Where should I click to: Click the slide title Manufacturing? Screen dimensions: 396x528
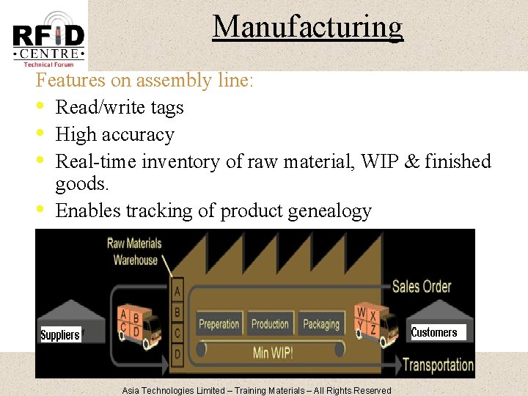click(307, 27)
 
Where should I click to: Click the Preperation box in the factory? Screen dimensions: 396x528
click(219, 324)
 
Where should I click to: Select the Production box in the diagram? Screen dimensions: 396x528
click(270, 324)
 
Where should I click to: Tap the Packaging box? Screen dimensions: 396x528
click(321, 324)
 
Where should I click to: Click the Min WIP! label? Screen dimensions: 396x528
click(273, 352)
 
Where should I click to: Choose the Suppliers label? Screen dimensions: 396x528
click(60, 335)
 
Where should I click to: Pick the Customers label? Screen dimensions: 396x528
click(434, 332)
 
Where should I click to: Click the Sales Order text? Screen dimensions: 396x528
click(422, 286)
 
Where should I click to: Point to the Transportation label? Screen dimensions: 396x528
click(439, 364)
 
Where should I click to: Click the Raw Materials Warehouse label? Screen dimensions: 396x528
click(135, 251)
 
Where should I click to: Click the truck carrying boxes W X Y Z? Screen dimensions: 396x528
click(375, 323)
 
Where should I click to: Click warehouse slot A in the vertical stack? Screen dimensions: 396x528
click(177, 292)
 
